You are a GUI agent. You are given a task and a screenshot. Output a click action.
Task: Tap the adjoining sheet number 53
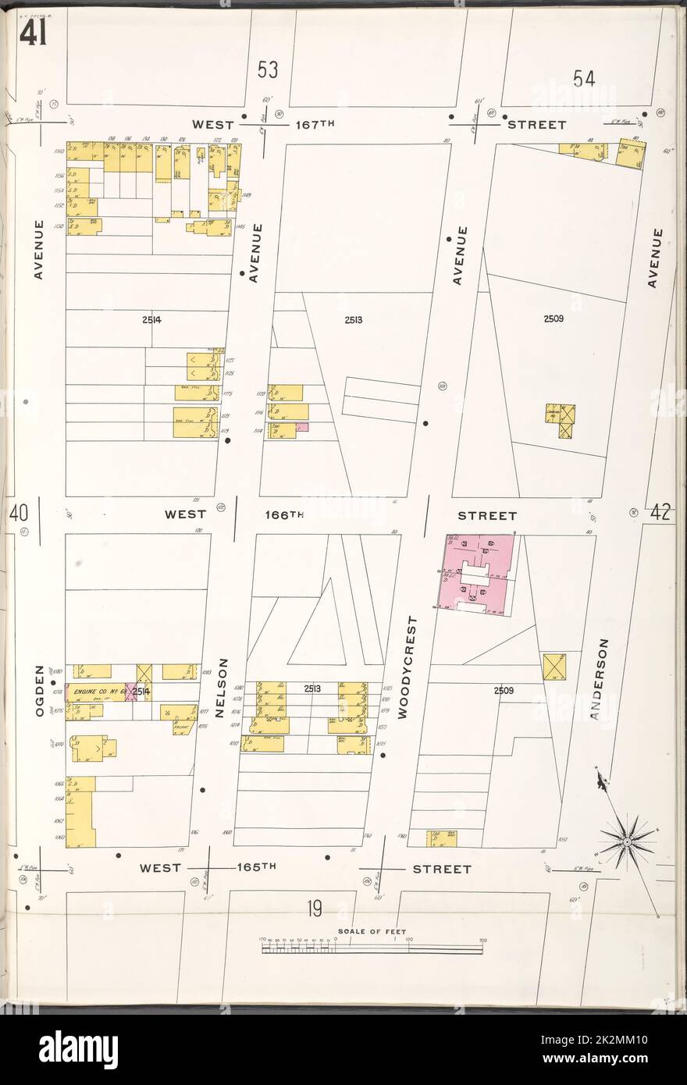(268, 71)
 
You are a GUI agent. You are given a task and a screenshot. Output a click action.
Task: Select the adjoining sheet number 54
(583, 78)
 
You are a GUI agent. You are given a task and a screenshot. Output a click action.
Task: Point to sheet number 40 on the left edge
(19, 514)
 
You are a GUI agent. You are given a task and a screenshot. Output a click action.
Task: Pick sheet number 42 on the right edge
(660, 514)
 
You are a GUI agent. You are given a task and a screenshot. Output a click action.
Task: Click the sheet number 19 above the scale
(314, 909)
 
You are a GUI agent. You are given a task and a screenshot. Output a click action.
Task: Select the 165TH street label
(258, 868)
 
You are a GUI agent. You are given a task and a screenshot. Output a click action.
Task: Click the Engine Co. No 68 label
(95, 692)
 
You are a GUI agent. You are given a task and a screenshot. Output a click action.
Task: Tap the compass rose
(628, 842)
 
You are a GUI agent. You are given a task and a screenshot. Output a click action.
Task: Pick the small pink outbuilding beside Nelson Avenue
(302, 427)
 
